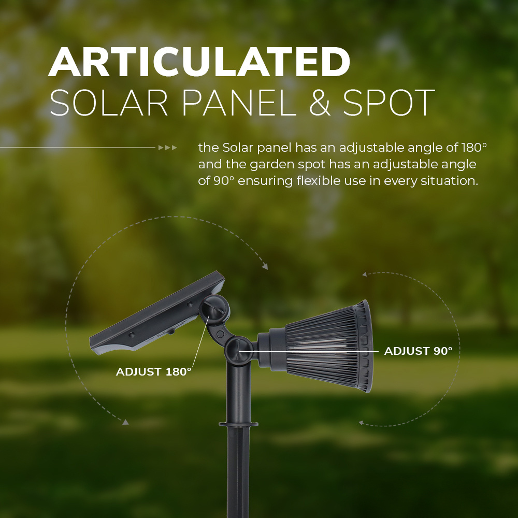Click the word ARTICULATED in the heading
point(199,62)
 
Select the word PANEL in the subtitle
point(239,103)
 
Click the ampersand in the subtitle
point(320,103)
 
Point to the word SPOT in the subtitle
point(389,103)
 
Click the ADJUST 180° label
point(154,371)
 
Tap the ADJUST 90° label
point(418,351)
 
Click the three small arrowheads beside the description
point(167,148)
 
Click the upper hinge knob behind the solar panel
point(215,309)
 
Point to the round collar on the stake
point(238,424)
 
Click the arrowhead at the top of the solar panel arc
point(265,266)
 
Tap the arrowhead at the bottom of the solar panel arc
point(125,422)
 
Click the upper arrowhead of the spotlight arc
point(365,274)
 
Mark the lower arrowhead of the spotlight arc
point(362,423)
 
